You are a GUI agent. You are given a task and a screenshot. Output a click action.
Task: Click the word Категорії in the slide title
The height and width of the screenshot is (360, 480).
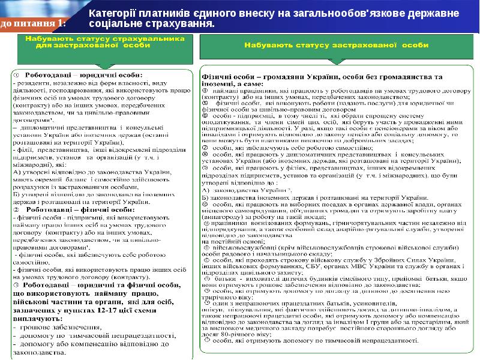coord(111,13)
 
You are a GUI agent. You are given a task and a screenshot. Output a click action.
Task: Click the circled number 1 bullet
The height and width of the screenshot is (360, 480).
coord(17,74)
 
